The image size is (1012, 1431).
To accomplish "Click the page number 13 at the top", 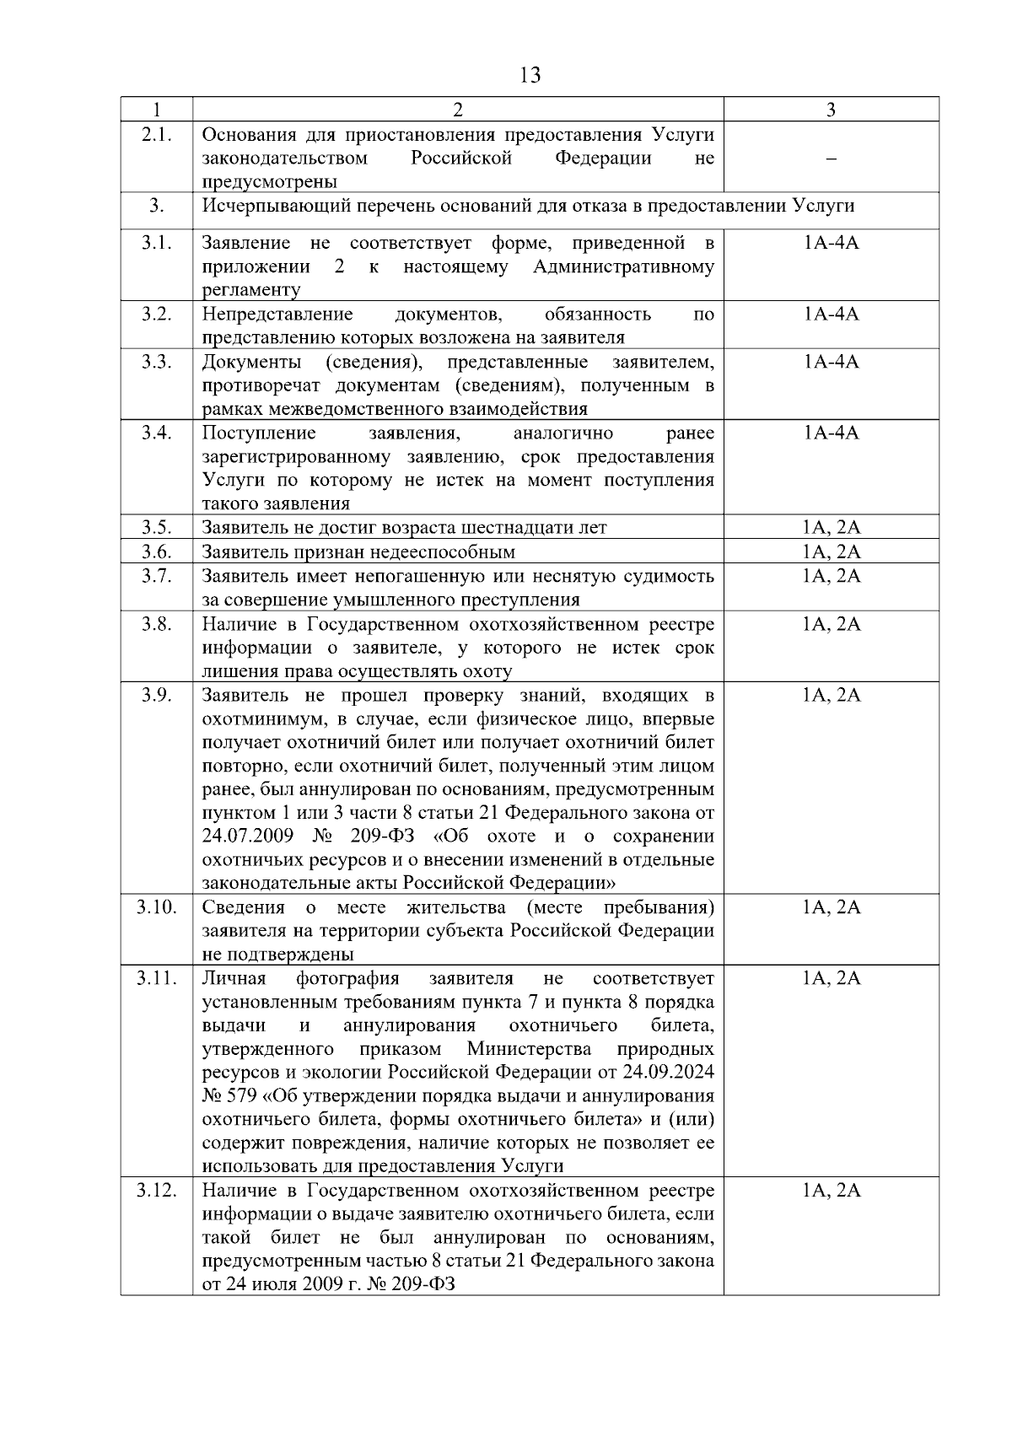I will point(530,75).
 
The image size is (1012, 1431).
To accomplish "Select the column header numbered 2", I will point(458,110).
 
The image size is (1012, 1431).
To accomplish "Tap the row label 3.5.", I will point(156,528).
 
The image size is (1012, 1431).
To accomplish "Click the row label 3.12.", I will point(156,1190).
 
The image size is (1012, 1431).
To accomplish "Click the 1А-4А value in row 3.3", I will point(831,362).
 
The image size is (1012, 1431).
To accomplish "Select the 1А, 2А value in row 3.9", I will point(831,695).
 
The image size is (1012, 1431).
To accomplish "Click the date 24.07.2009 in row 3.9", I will point(248,837).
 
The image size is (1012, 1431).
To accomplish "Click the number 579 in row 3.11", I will point(243,1096).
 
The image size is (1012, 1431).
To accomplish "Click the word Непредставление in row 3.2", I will point(277,315).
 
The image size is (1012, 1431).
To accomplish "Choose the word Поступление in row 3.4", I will point(259,433).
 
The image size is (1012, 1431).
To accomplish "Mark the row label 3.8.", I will point(156,624).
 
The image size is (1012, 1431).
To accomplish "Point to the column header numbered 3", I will point(831,110).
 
